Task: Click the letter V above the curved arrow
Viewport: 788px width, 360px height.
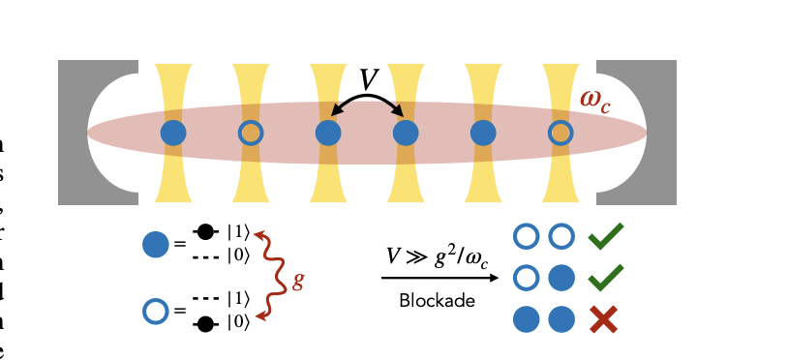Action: pos(368,79)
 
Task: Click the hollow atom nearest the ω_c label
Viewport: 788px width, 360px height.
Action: pos(561,133)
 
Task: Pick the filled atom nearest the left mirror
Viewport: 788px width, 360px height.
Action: pos(172,133)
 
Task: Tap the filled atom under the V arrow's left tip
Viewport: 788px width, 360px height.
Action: pos(328,133)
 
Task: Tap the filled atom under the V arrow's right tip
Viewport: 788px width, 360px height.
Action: pos(405,133)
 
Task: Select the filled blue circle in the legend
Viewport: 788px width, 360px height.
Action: pos(155,245)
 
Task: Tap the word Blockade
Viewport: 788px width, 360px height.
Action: pos(437,301)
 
